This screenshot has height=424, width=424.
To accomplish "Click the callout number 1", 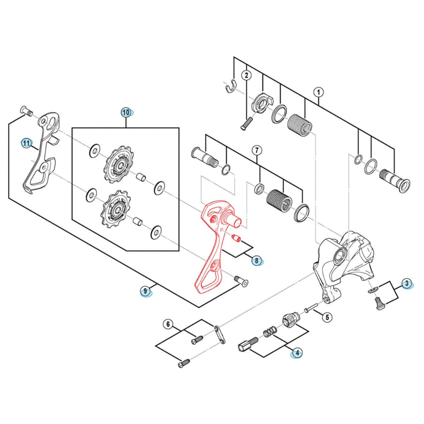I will [x=318, y=93].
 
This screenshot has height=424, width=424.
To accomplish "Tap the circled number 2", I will [x=246, y=75].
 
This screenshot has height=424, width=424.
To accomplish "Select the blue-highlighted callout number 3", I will [x=407, y=283].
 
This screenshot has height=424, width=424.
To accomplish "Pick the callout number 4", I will [x=297, y=352].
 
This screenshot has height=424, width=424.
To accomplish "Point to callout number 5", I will [x=327, y=317].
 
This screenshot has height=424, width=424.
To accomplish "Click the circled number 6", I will [x=168, y=324].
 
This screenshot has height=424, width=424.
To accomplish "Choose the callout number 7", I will [x=257, y=150].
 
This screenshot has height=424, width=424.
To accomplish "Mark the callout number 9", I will [x=145, y=291].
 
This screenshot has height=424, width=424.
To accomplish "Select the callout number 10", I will [x=126, y=113].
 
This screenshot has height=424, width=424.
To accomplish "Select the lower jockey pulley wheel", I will [x=114, y=208].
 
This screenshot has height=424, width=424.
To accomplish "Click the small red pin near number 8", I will [x=236, y=238].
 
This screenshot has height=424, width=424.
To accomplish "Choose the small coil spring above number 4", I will [x=270, y=333].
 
